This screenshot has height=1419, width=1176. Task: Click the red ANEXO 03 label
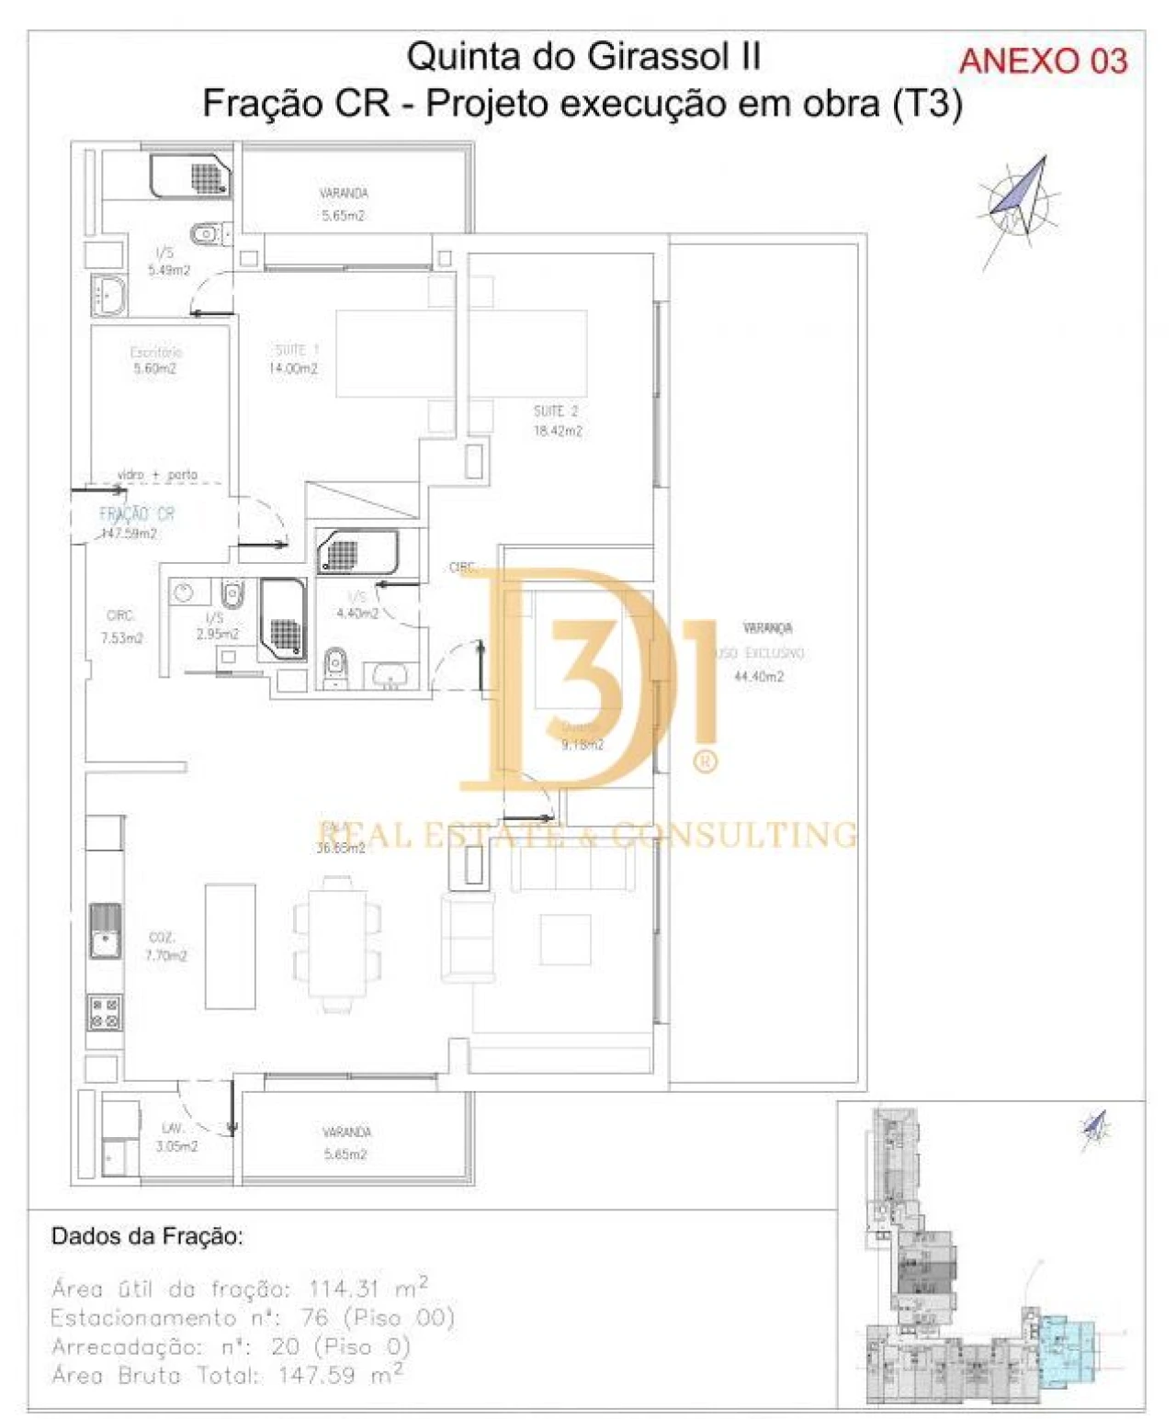pyautogui.click(x=1043, y=62)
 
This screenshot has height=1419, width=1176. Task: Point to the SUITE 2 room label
pyautogui.click(x=557, y=421)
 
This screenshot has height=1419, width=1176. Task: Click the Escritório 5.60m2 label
pyautogui.click(x=155, y=360)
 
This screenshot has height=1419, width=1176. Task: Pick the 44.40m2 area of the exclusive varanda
pyautogui.click(x=759, y=677)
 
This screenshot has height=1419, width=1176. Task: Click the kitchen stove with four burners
pyautogui.click(x=105, y=1011)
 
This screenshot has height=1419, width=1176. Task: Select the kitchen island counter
pyautogui.click(x=230, y=946)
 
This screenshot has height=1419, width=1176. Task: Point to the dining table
pyautogui.click(x=337, y=943)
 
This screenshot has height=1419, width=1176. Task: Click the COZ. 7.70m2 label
pyautogui.click(x=164, y=946)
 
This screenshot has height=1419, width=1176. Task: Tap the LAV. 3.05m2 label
pyautogui.click(x=175, y=1137)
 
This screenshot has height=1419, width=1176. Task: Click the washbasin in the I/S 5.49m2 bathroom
pyautogui.click(x=109, y=295)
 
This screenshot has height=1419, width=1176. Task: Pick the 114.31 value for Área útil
pyautogui.click(x=345, y=1288)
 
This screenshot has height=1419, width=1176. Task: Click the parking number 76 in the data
pyautogui.click(x=314, y=1317)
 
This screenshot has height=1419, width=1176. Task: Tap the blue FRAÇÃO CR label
pyautogui.click(x=137, y=514)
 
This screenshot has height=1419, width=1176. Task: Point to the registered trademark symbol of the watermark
pyautogui.click(x=705, y=761)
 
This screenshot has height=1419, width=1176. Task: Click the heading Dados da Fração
pyautogui.click(x=147, y=1236)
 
